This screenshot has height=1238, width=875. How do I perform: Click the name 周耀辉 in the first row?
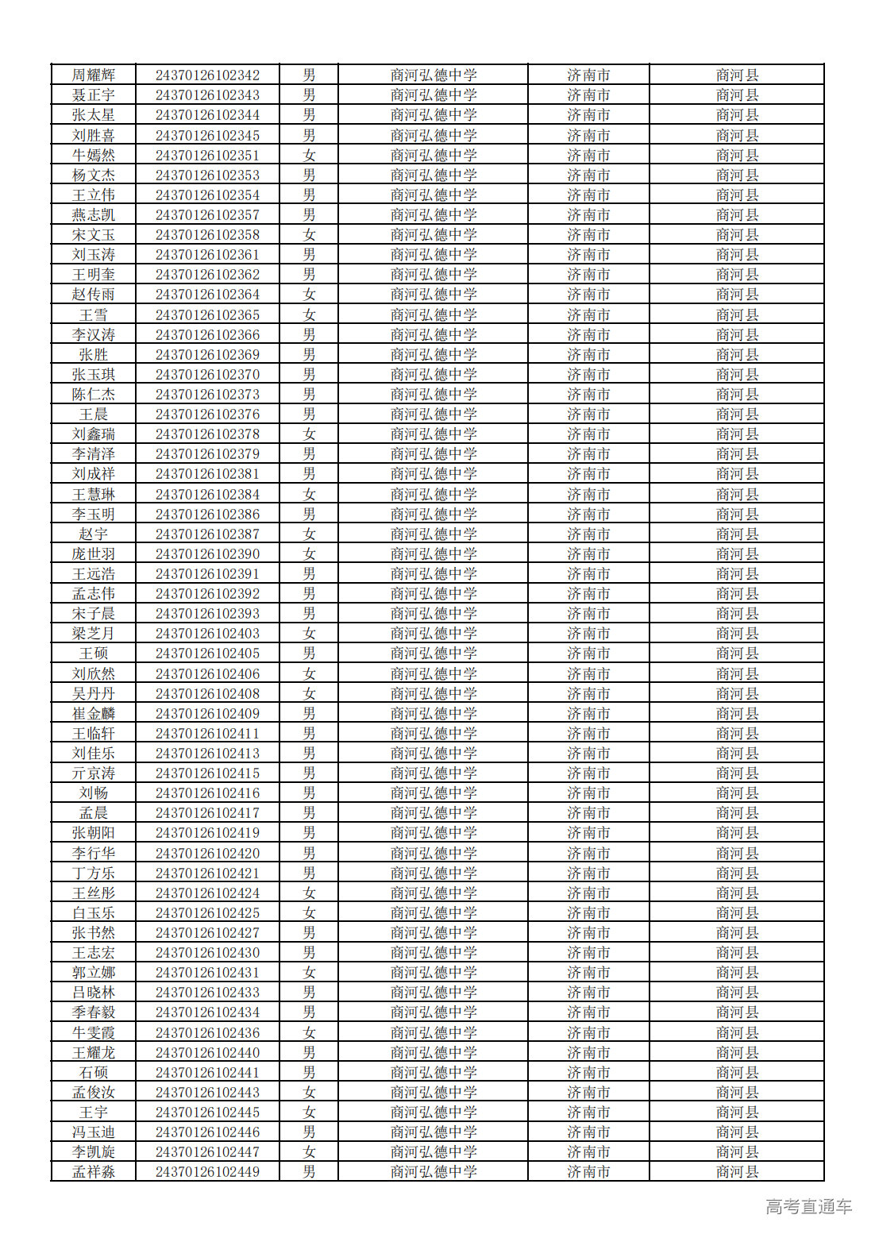(x=94, y=75)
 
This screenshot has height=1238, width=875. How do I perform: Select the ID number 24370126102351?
(x=207, y=156)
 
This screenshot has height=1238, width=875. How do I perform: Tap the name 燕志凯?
(x=94, y=215)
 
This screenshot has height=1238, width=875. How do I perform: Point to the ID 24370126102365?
(x=207, y=315)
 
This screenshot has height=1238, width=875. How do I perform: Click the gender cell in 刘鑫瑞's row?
(x=309, y=434)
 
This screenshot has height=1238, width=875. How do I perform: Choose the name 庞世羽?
(x=94, y=554)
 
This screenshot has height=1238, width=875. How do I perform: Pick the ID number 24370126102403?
(x=207, y=634)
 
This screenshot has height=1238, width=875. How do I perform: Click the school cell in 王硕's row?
(x=434, y=654)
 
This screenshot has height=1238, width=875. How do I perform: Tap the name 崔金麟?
(x=94, y=714)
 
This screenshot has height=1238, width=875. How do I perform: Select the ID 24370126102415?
(x=207, y=773)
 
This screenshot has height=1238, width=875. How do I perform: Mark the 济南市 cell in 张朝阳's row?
(x=588, y=833)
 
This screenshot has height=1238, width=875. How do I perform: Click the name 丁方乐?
(x=94, y=874)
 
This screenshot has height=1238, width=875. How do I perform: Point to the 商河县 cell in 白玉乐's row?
(x=737, y=913)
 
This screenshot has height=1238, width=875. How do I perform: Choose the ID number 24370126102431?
(x=207, y=973)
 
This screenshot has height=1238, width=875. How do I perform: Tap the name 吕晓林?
(x=94, y=993)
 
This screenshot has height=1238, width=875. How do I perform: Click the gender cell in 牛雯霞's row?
(x=309, y=1033)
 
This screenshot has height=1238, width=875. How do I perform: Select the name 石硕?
(x=94, y=1073)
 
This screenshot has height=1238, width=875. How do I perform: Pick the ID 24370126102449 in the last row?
(x=207, y=1172)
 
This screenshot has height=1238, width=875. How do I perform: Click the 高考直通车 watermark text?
(x=808, y=1207)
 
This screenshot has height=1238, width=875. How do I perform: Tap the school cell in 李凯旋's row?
(x=434, y=1152)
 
